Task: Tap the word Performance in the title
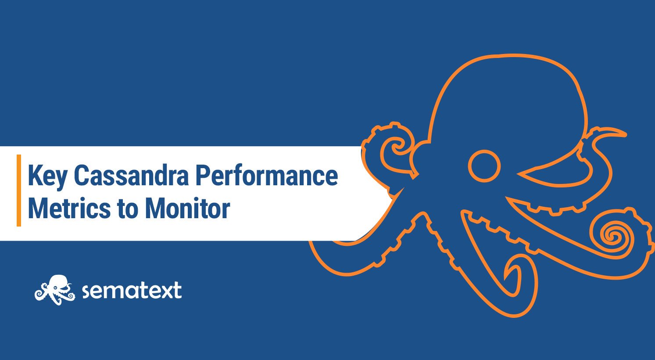[266, 176]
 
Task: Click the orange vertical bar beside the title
[19, 190]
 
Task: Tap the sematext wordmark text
[132, 291]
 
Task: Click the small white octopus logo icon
[55, 289]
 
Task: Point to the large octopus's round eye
[484, 166]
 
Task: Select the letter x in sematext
[164, 291]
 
